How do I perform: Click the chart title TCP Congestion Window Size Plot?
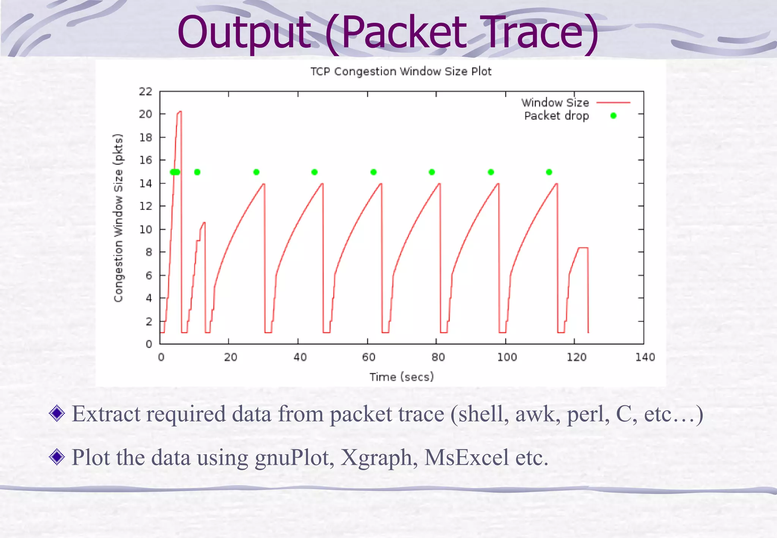[401, 71]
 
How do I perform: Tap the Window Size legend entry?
[555, 102]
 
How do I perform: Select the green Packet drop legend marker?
[613, 116]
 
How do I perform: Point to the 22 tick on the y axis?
[145, 91]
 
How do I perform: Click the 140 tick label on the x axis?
[645, 357]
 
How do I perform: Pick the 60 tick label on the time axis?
[368, 357]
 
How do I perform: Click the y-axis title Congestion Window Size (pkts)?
[118, 218]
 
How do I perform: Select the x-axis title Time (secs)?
[401, 377]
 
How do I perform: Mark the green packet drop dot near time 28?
[256, 172]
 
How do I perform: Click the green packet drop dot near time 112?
[549, 172]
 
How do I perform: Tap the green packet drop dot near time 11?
[197, 172]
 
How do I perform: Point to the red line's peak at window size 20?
[179, 112]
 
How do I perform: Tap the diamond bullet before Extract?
[57, 413]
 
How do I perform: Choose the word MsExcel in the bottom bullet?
[466, 457]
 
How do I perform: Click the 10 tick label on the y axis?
[145, 229]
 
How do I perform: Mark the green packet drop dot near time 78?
[432, 172]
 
